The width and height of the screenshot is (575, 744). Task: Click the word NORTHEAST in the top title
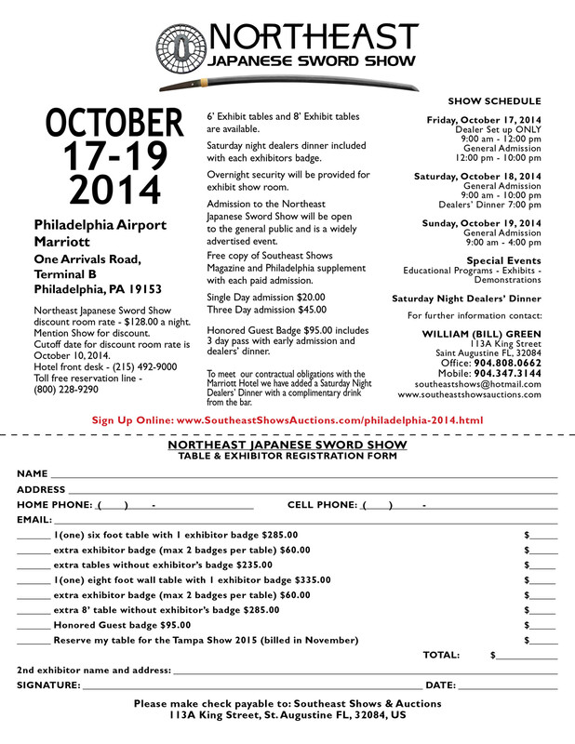[313, 35]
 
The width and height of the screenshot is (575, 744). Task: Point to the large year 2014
[102, 189]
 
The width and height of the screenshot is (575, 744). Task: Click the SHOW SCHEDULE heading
[494, 100]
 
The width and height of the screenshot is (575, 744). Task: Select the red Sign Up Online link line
[287, 420]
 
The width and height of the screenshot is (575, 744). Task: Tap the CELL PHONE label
[322, 504]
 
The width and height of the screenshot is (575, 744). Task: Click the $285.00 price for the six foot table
[280, 535]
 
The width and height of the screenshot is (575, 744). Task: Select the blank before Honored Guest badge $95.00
[33, 626]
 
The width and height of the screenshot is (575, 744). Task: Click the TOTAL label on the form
[441, 656]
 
